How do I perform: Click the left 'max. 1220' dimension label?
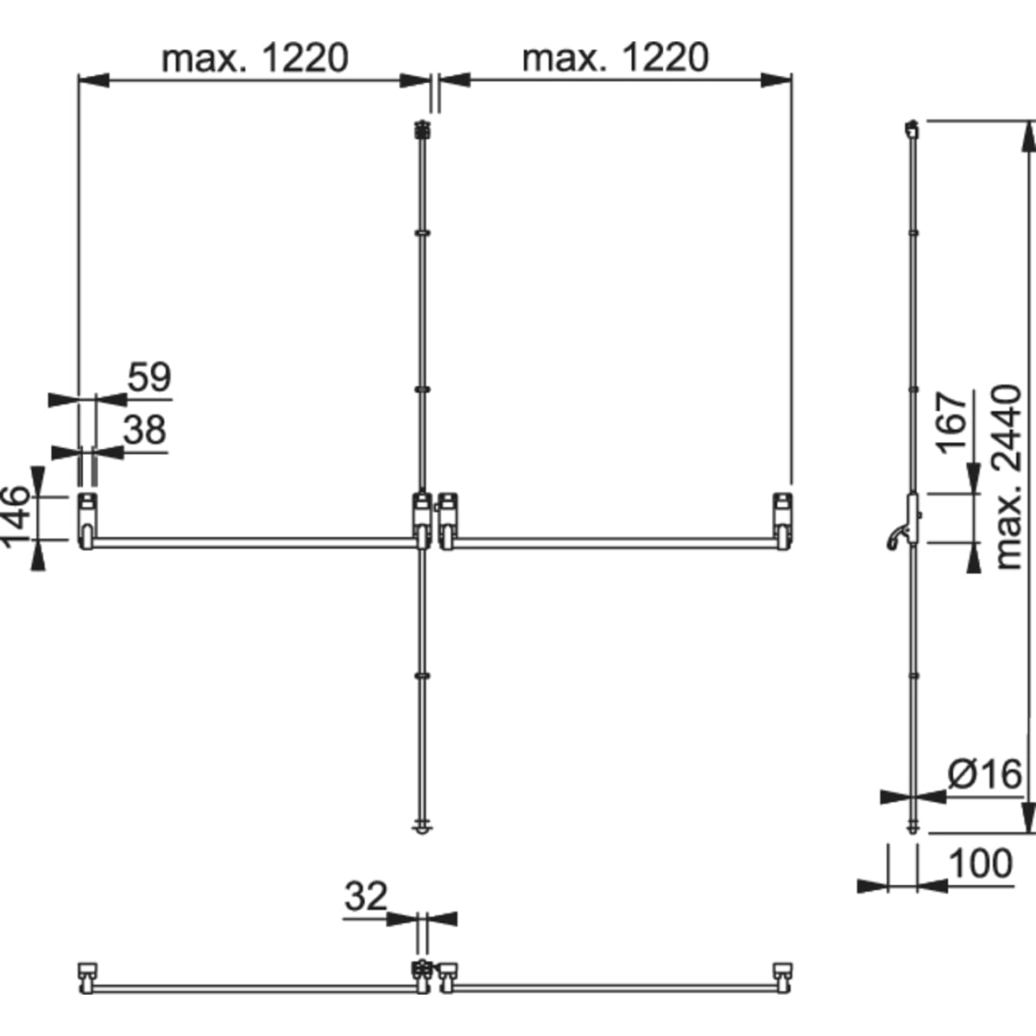255,59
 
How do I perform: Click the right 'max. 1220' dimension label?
616,59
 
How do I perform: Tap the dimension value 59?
149,377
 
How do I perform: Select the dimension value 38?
145,430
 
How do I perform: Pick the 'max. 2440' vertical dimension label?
1008,477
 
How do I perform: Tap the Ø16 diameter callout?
984,774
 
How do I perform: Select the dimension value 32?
365,896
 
